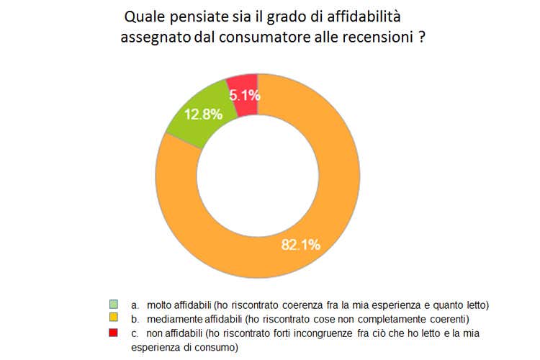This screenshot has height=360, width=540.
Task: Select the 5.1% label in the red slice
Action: (244, 94)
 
